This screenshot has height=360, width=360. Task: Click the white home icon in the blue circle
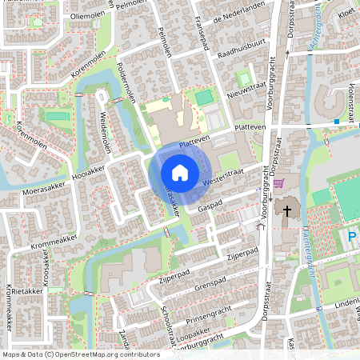click(180, 172)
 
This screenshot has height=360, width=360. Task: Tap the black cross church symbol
click(284, 210)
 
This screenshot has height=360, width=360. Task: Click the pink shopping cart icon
click(278, 183)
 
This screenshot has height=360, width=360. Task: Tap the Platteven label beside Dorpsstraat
click(248, 128)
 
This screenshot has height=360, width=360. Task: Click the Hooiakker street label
click(88, 170)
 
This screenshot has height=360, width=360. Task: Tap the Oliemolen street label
click(86, 17)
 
